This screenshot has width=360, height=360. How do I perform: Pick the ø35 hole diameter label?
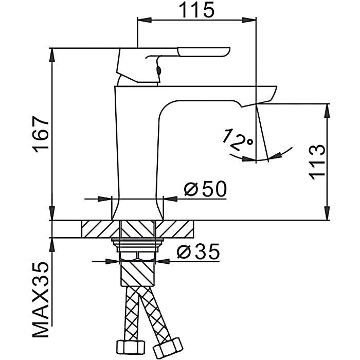pos(197,252)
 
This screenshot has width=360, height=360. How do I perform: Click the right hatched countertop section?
pos(177,229)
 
